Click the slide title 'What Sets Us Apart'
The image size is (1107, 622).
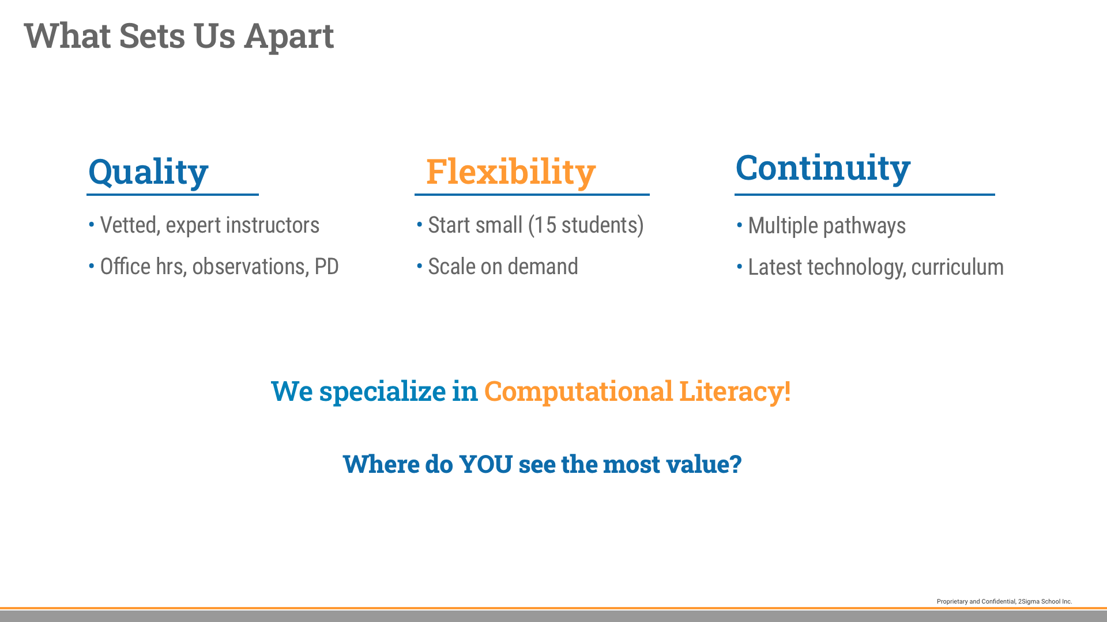[x=179, y=36]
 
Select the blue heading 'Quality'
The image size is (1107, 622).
[x=148, y=172]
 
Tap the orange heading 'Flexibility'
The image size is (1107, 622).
[x=511, y=172]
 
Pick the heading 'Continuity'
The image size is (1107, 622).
[x=823, y=168]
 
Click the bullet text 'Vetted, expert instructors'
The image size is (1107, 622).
[x=210, y=225]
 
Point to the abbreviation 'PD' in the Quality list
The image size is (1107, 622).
[x=326, y=267]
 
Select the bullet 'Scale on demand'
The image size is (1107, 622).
[x=503, y=267]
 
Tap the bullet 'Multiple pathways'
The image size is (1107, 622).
[x=827, y=226]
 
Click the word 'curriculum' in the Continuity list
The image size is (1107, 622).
[x=957, y=267]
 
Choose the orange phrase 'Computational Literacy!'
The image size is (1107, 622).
[x=637, y=391]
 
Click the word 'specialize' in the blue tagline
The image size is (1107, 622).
[x=382, y=391]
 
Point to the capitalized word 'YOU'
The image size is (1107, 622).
[x=485, y=464]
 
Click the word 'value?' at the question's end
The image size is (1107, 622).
[x=703, y=464]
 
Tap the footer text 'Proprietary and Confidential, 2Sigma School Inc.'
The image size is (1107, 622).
[x=1004, y=601]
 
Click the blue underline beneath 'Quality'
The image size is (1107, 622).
[x=172, y=195]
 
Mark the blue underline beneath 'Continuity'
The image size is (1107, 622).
[x=865, y=195]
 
